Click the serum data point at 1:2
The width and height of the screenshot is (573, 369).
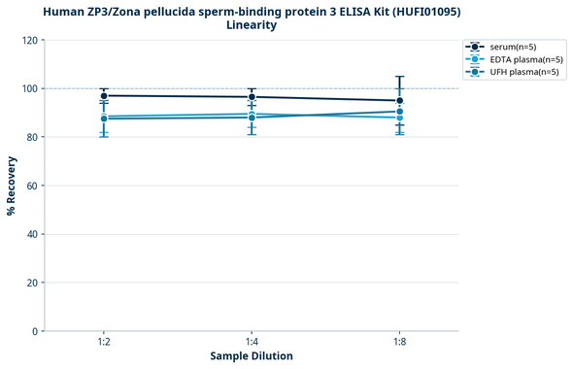tap(104, 95)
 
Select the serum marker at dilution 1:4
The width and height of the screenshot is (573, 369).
tap(252, 97)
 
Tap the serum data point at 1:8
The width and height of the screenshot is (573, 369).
tap(399, 100)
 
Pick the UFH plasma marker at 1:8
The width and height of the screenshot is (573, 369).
tap(399, 112)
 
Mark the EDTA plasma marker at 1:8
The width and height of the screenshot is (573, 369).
tap(399, 117)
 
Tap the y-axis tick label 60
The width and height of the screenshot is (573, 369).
tap(33, 185)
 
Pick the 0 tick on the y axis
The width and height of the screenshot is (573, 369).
tap(36, 331)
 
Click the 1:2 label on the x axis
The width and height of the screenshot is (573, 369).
tap(104, 343)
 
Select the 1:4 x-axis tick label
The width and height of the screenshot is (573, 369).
tap(252, 343)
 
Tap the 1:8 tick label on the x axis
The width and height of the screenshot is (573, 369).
tap(399, 343)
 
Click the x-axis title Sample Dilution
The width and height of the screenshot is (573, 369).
tap(252, 356)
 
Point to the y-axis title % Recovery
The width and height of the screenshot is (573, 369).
tap(12, 184)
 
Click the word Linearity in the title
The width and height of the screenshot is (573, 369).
tap(252, 25)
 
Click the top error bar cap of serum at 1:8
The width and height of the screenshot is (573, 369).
tap(399, 76)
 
